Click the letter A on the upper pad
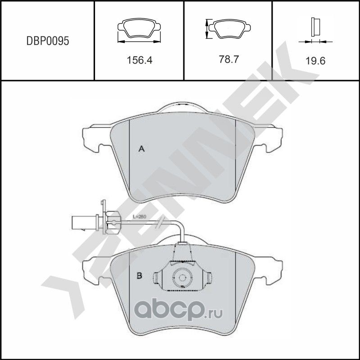point(141,149)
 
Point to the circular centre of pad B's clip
point(183,278)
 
